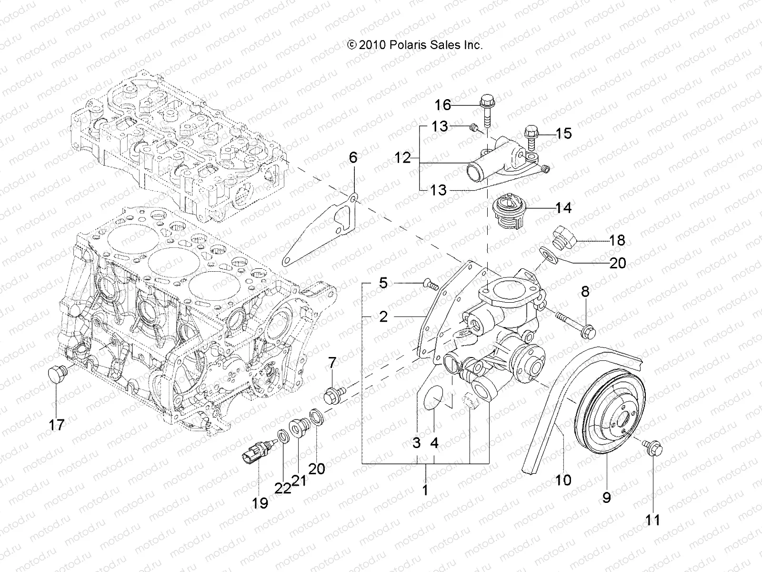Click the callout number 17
56,425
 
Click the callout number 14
563,208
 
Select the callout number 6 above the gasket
353,157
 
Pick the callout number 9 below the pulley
606,498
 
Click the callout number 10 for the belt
563,480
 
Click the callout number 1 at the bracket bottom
425,490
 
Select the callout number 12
402,158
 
